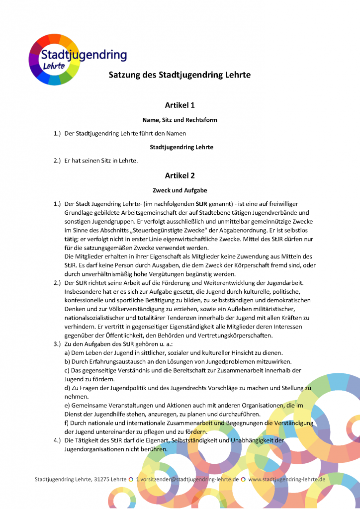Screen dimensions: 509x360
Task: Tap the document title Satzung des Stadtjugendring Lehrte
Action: pos(180,75)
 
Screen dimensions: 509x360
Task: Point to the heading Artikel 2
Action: pos(180,175)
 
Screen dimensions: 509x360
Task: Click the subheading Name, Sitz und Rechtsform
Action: pos(180,120)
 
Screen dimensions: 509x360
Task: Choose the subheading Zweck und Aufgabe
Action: pos(180,190)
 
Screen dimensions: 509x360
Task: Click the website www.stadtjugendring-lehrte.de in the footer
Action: pos(286,480)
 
